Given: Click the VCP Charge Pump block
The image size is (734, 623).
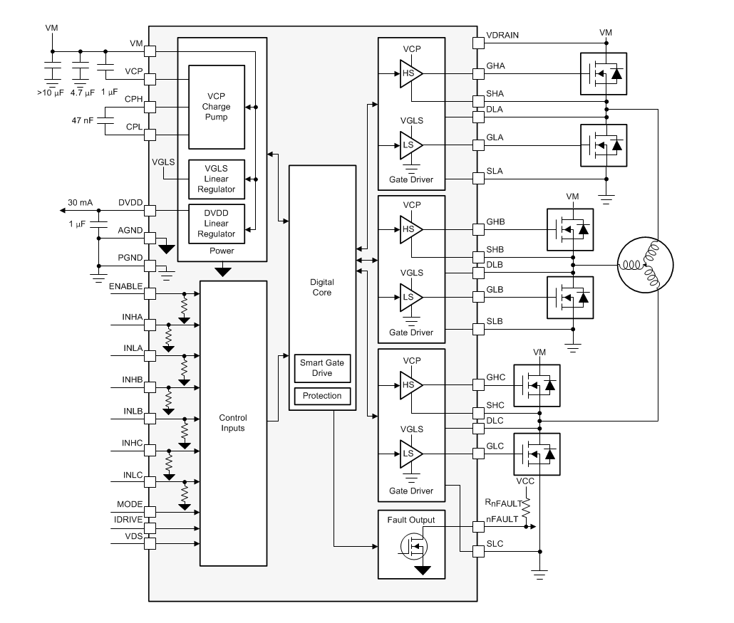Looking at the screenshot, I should point(216,107).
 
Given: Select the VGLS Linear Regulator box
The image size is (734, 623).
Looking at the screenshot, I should point(216,179).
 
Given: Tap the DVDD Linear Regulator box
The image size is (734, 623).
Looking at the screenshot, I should point(216,223).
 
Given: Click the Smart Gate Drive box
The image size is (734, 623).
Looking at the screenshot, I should point(322,368).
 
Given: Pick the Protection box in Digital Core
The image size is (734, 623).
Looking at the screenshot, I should point(322,396).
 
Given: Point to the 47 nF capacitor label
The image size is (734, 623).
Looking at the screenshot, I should point(83,121).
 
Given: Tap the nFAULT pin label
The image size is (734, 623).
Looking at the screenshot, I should point(501,519).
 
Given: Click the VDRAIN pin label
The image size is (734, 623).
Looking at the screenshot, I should point(503,35).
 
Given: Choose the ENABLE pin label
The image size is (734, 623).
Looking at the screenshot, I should point(125,286).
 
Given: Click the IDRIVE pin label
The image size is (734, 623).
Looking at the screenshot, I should point(128,520).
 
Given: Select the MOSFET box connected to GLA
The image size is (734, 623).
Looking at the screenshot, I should point(604,145).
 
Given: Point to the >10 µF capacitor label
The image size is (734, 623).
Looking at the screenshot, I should point(50,92).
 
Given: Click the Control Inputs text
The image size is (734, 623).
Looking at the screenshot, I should point(232,423).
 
